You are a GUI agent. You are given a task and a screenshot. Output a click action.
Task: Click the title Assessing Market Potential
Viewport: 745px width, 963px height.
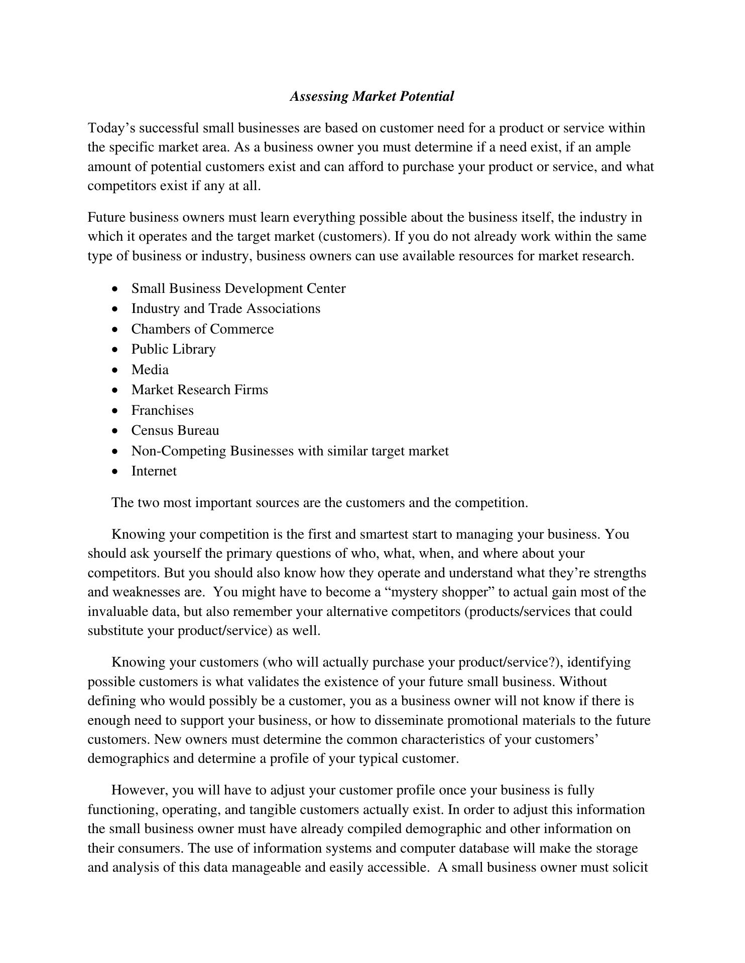(372, 96)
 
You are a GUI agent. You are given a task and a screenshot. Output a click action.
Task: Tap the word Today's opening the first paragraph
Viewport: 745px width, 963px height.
(111, 128)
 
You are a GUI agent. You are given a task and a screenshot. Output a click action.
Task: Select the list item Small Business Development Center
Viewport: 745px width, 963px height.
(238, 288)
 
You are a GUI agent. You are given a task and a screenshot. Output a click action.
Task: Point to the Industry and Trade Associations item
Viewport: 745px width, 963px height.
(225, 308)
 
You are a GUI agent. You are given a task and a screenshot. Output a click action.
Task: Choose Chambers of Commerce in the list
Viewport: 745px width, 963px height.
(202, 329)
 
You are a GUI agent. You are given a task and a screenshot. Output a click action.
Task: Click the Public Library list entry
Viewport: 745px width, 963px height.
(173, 349)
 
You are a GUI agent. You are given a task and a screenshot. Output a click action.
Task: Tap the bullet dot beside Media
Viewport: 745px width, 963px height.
(116, 370)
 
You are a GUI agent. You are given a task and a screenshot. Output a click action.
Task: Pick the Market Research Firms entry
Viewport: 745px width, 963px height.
(199, 390)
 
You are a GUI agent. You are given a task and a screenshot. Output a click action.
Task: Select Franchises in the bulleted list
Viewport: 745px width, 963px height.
(162, 410)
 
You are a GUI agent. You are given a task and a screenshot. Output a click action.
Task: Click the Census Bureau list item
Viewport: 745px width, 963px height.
(175, 430)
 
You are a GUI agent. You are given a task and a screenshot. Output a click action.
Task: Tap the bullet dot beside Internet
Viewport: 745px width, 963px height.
(116, 471)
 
